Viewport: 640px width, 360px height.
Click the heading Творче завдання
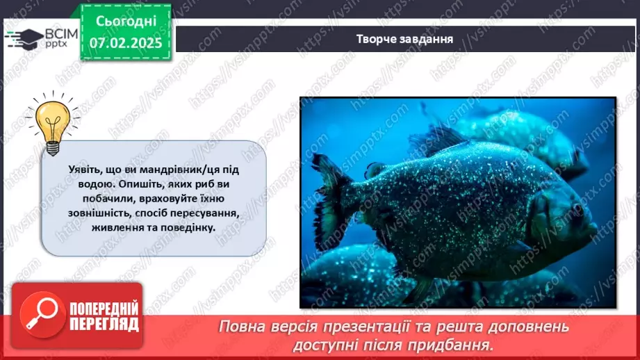click(x=404, y=39)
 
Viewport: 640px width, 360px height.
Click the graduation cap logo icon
click(x=24, y=37)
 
